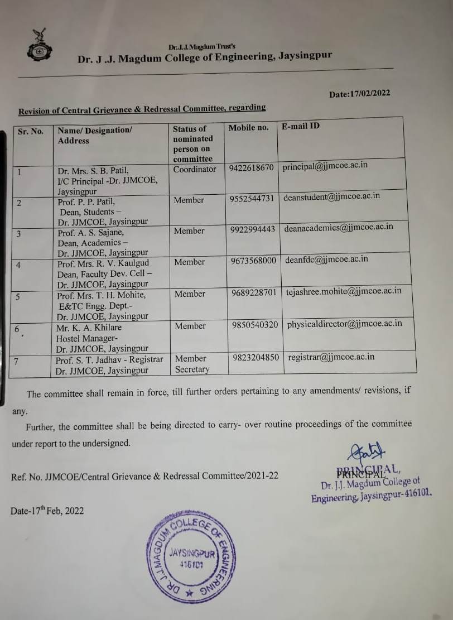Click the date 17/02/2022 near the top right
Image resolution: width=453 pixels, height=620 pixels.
point(359,94)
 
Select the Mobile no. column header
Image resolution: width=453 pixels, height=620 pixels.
point(248,128)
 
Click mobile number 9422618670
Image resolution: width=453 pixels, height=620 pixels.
point(251,167)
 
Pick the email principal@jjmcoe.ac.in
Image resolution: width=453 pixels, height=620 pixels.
point(325,166)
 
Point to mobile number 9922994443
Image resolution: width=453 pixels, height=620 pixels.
point(252,229)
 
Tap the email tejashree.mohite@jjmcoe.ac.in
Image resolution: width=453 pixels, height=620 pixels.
point(343,291)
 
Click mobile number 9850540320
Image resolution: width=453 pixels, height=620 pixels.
point(254,325)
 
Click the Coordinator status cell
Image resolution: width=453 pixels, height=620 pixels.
point(194,169)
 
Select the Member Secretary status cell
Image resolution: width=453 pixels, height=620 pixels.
point(191,364)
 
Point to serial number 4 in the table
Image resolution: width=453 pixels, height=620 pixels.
point(18,265)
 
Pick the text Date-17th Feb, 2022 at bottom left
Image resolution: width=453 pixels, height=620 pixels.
point(47,511)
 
